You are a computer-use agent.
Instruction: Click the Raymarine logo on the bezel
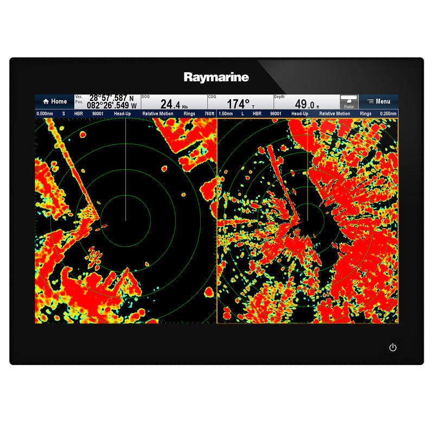tap(216, 77)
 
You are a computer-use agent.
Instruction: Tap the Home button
tap(54, 101)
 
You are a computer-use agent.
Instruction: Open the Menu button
tap(379, 101)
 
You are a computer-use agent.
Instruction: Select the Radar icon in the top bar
tap(349, 101)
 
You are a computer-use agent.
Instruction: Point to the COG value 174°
tap(239, 104)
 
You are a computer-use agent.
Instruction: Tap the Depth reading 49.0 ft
tap(307, 104)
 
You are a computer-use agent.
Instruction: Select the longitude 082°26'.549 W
tap(112, 105)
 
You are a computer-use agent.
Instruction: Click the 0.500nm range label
tap(44, 114)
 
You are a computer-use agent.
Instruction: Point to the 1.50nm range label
tap(226, 114)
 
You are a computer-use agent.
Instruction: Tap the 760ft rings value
tap(209, 114)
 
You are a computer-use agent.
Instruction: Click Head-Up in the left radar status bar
tap(122, 114)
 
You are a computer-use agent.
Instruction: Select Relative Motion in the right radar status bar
tap(335, 114)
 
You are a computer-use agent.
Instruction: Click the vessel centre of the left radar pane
tap(126, 220)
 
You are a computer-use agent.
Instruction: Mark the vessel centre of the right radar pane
tap(308, 220)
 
